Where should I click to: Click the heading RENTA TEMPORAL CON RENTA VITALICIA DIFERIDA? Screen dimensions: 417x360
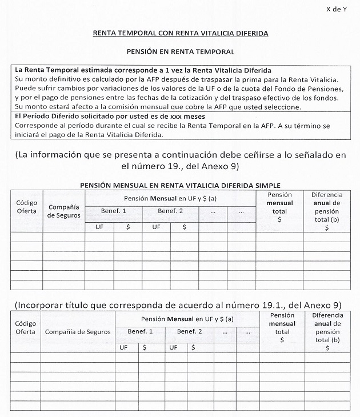click(x=181, y=34)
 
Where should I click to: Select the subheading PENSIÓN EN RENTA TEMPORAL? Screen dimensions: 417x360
click(x=181, y=51)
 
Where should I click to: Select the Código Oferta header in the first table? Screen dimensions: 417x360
click(x=26, y=207)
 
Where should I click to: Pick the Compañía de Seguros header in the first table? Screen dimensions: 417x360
click(x=64, y=211)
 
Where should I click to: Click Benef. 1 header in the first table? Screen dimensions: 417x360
click(x=113, y=211)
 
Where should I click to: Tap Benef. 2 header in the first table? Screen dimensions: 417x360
click(x=170, y=211)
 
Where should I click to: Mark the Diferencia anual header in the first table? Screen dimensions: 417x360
click(x=326, y=211)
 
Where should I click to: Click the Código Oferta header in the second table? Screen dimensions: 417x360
click(x=25, y=327)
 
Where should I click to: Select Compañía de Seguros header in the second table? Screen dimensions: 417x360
click(x=77, y=331)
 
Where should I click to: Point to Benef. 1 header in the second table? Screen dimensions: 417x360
click(x=140, y=331)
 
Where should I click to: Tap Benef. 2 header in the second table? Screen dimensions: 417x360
click(x=189, y=331)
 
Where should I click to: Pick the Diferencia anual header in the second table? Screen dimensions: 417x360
click(x=328, y=331)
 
